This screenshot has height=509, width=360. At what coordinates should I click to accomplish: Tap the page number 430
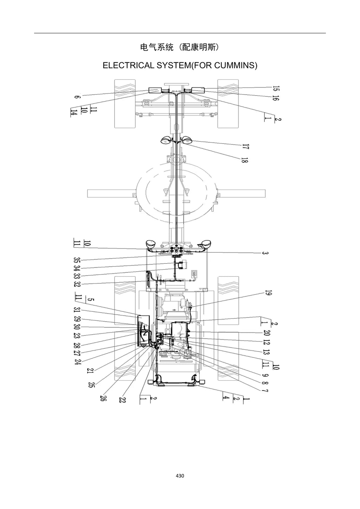point(180,476)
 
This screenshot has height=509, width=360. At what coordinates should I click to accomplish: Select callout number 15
point(276,88)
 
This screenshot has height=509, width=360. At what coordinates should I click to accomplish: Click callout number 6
point(77,97)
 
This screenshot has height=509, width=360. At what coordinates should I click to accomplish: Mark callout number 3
point(264,253)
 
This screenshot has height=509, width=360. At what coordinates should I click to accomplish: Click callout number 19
point(268,293)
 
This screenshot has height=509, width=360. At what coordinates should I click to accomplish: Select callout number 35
point(77,260)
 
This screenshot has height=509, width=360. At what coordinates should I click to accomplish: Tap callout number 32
point(77,284)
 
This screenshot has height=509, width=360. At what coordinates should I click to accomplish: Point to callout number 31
point(77,310)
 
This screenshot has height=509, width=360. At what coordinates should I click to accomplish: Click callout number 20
point(267,333)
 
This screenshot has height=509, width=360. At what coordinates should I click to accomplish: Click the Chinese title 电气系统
point(157,47)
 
